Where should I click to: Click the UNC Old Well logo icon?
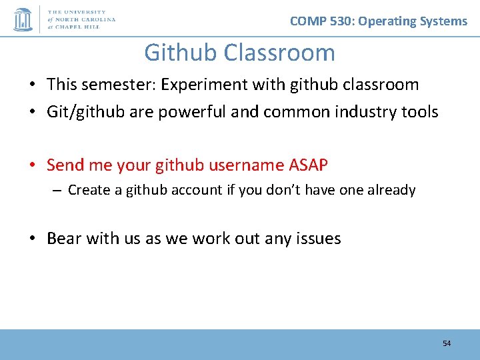tap(23, 19)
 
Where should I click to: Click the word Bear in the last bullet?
tap(64, 238)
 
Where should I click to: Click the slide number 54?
tap(447, 343)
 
